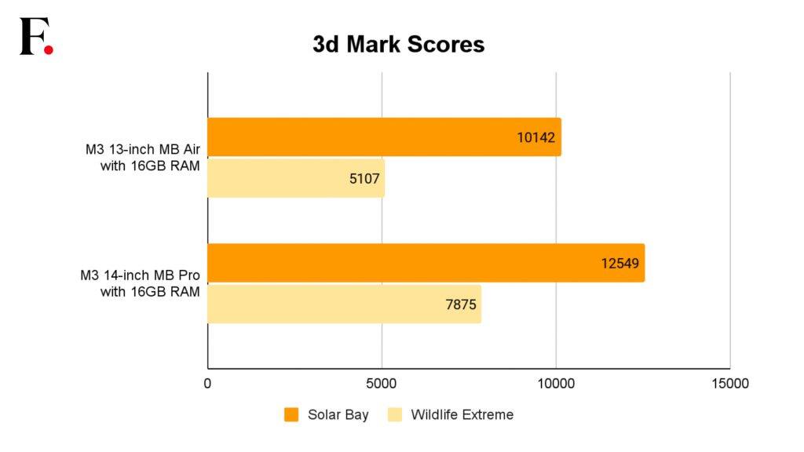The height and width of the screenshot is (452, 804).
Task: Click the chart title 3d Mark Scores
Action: [398, 44]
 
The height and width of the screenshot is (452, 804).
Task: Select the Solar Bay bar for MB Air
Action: [385, 137]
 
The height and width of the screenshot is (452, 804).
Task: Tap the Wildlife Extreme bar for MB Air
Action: [296, 178]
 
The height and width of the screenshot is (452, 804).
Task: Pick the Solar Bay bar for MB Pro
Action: [426, 263]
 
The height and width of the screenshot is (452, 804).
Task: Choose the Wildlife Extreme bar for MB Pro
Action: [345, 304]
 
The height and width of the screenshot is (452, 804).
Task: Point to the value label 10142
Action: [535, 137]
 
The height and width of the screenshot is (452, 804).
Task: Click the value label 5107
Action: [364, 179]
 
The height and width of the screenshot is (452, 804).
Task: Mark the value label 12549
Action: [620, 264]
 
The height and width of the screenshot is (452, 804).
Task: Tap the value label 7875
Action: [461, 304]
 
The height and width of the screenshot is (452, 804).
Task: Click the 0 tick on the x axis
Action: [207, 383]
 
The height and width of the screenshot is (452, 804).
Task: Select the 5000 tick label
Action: [382, 383]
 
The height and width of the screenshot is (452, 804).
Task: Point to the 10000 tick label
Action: [556, 383]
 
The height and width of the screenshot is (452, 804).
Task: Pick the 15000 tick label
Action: [730, 383]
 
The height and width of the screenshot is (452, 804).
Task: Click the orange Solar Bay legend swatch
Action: [291, 414]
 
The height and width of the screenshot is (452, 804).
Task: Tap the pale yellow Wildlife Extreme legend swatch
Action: [395, 414]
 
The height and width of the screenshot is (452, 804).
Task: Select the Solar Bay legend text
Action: [338, 414]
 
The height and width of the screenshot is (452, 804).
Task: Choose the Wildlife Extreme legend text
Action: [462, 414]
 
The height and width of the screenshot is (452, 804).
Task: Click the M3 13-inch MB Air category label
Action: [143, 157]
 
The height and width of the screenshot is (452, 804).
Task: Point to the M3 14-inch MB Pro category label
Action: [140, 283]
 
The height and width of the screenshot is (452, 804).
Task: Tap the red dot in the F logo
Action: [48, 49]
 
